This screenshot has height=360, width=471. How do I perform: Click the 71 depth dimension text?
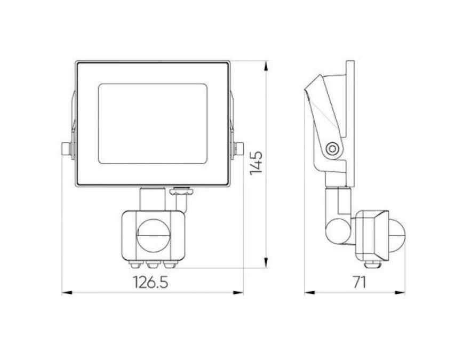point(360,282)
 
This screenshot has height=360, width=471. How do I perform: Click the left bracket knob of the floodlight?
point(66,149)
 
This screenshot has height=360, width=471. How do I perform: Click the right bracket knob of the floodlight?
point(237,149)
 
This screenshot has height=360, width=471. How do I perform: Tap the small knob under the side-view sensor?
point(370,263)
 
